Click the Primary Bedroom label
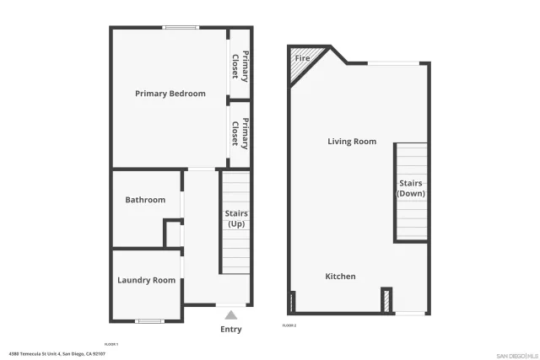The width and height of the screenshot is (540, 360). coord(170,94)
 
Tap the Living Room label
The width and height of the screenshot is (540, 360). coord(352,142)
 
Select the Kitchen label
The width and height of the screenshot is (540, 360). coord(341,277)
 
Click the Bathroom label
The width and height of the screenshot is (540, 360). coord(145,200)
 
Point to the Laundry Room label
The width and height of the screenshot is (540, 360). coord(147,281)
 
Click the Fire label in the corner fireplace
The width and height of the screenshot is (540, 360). coord(302,59)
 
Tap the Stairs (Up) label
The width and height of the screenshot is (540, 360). coord(236,219)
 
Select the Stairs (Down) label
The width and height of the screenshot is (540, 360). coord(411,188)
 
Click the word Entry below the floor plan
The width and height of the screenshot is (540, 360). coord(230,330)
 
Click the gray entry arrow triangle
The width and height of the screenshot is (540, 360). coord(230,314)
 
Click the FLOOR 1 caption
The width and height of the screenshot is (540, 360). coord(111,344)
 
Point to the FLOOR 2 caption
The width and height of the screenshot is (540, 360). coord(289,325)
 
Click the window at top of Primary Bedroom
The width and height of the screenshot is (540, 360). coord(180,28)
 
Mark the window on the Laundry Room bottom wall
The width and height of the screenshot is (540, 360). coord(149,320)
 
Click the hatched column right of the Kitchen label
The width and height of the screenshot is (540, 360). coord(386,301)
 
